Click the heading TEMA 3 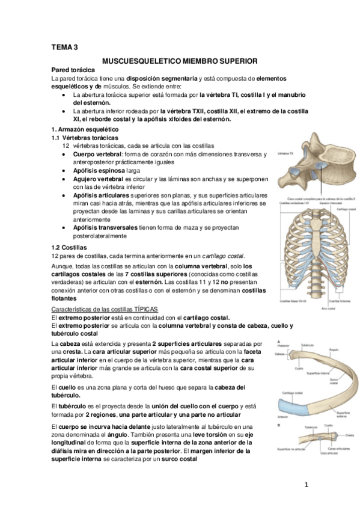tap(64, 47)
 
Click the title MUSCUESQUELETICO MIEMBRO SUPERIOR tap(180, 61)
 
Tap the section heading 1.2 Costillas tap(69, 247)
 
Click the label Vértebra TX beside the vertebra tap(285, 154)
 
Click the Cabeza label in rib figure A tap(279, 354)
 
